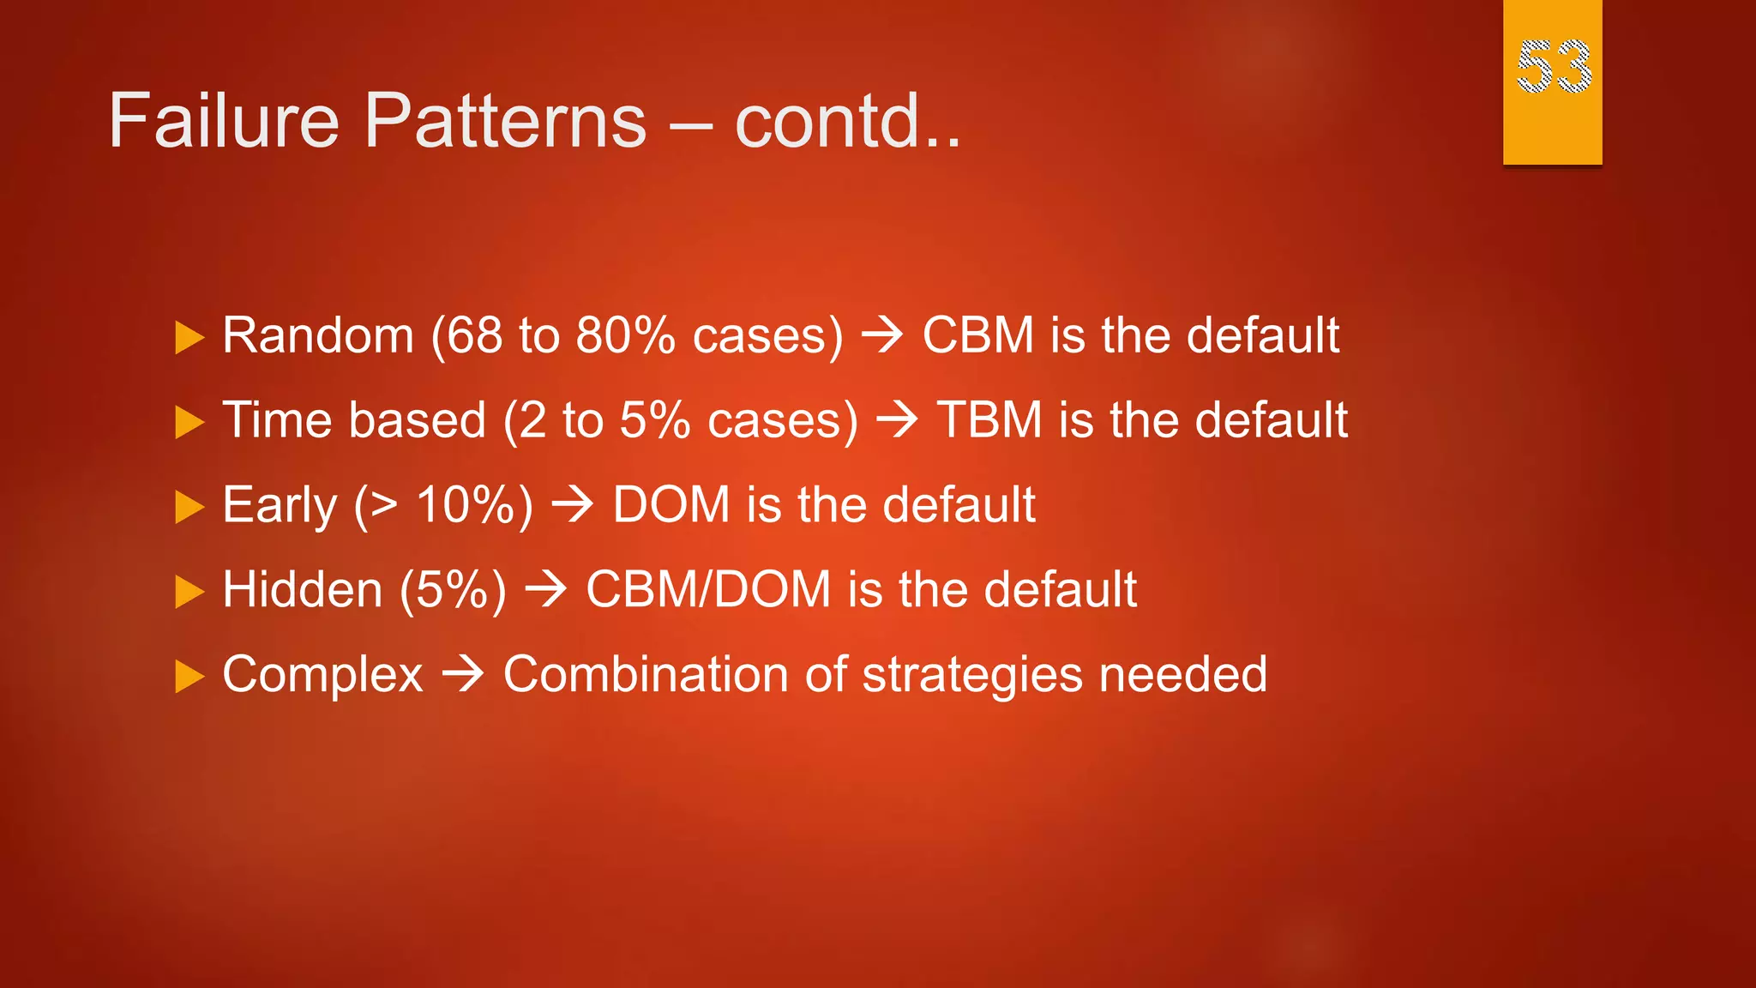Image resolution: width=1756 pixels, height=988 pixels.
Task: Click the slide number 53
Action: point(1553,67)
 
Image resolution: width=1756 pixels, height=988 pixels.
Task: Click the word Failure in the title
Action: point(224,121)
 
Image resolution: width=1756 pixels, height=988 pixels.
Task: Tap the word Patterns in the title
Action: point(505,121)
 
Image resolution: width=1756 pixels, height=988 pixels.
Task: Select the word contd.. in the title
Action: point(848,121)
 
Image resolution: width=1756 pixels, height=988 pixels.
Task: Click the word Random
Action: point(318,334)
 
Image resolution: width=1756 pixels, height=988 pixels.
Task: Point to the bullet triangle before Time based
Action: point(189,422)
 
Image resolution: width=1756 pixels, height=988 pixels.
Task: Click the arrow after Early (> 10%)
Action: point(572,504)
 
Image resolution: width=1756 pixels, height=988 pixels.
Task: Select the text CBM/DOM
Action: point(708,590)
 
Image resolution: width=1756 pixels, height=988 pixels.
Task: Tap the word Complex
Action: point(322,675)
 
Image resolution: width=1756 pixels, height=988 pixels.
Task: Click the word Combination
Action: point(645,675)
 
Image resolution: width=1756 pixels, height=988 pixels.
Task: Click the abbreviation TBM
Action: point(989,420)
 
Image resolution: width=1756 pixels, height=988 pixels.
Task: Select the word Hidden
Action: point(302,590)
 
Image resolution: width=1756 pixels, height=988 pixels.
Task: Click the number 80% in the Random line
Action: point(625,334)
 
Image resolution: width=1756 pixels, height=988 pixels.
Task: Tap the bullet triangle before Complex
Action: point(189,677)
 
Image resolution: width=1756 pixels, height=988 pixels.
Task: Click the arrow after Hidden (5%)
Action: point(545,590)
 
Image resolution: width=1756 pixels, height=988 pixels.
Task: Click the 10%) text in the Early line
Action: point(474,504)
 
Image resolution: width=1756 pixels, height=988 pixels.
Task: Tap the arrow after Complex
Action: point(463,675)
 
